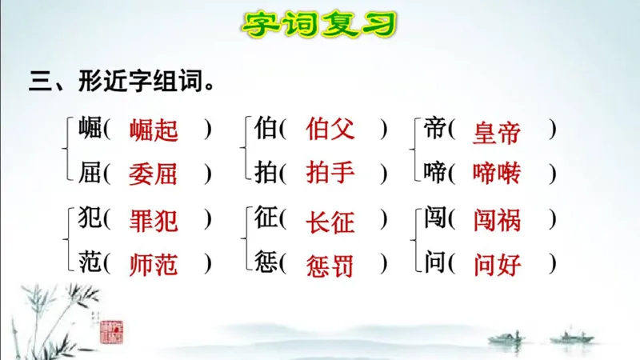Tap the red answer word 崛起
pos(154,130)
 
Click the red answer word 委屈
pos(154,173)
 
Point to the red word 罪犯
pos(154,219)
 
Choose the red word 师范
pos(154,262)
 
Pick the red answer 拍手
pos(330,173)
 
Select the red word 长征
pos(330,221)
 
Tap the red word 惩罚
pos(330,262)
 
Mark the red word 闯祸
pos(497,219)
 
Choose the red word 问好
pos(497,262)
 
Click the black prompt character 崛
pos(90,128)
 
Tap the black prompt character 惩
pos(266,262)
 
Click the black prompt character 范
pos(90,262)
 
